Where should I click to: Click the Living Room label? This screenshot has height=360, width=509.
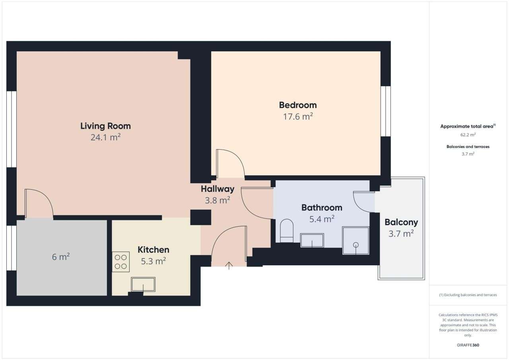[x=105, y=126]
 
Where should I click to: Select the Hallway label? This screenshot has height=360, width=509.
[x=217, y=189]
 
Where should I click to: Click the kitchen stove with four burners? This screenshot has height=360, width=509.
[x=120, y=262]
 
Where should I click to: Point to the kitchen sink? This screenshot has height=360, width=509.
[x=143, y=284]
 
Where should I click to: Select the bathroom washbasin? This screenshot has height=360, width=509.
[x=312, y=240]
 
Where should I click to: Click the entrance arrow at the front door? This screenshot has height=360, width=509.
[x=229, y=265]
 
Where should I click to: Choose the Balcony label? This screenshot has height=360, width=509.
[x=401, y=222]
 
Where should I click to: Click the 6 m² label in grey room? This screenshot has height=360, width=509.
[x=61, y=257]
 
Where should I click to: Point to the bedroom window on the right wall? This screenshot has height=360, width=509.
[x=385, y=111]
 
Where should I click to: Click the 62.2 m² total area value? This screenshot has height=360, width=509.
[x=468, y=135]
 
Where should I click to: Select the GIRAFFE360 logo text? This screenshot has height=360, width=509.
[x=468, y=345]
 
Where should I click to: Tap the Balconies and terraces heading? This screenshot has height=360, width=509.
[x=468, y=146]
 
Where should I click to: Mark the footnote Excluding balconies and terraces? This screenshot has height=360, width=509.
[x=468, y=295]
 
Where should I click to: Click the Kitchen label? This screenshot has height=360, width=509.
[x=153, y=250]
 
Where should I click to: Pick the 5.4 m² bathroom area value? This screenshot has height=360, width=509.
[x=322, y=219]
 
